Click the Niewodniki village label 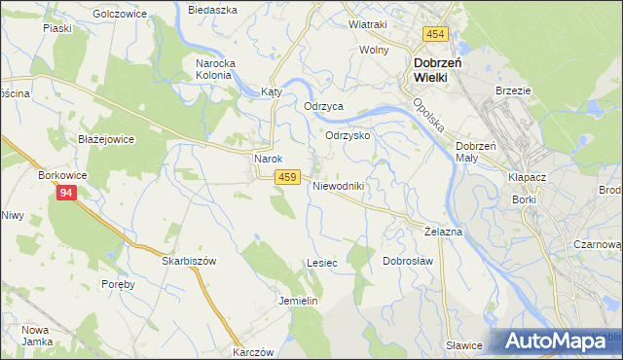(x=338, y=186)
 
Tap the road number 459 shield (x=286, y=177)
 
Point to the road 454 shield (x=435, y=35)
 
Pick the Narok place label (x=268, y=159)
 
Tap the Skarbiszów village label (x=188, y=262)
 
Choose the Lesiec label (x=321, y=263)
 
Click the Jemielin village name (x=299, y=301)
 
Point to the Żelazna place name (x=444, y=233)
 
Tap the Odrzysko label (x=348, y=136)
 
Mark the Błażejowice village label (x=105, y=139)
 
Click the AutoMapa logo (x=560, y=341)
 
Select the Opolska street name (x=428, y=116)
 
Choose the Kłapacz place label (x=527, y=179)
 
